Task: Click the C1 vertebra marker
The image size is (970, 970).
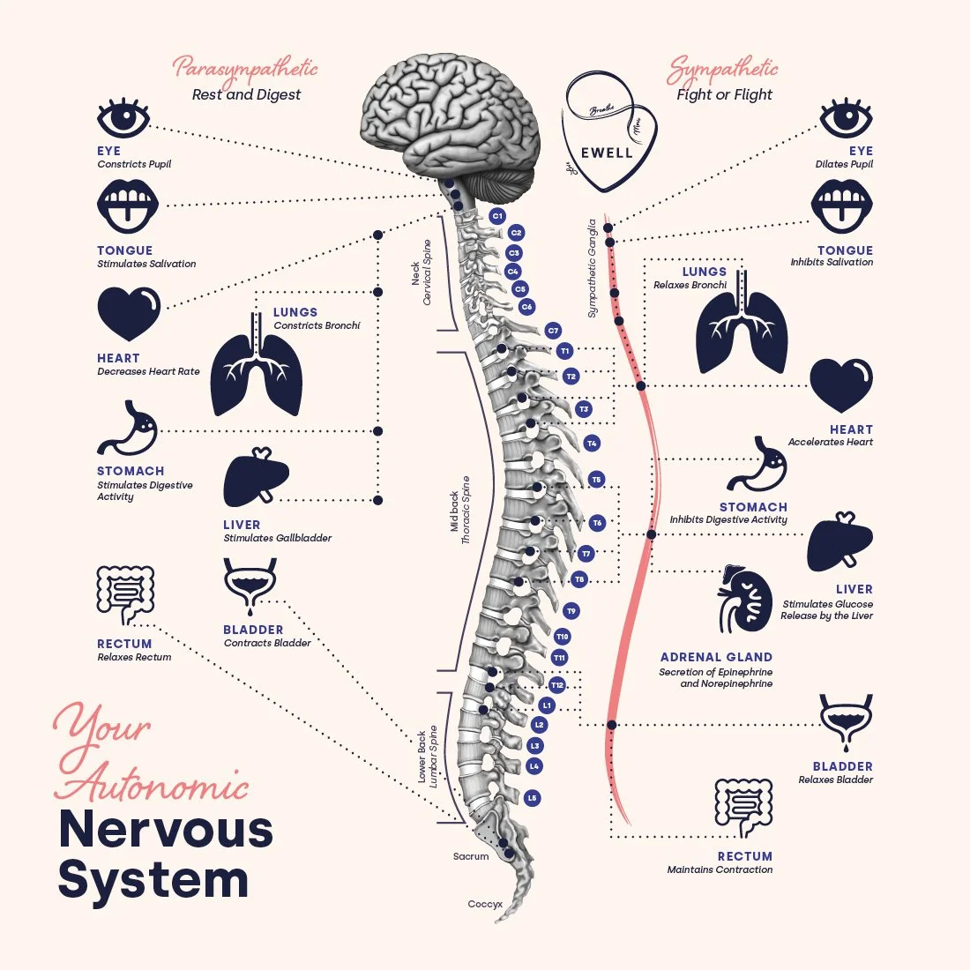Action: (497, 216)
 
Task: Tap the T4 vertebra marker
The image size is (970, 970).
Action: (592, 444)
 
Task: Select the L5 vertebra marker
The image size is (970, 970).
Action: (532, 798)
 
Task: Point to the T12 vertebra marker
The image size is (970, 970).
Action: (556, 685)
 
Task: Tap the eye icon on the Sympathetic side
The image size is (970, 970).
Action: (846, 118)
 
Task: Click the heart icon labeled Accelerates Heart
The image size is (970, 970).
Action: (841, 385)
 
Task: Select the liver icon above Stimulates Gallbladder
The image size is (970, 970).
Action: (256, 480)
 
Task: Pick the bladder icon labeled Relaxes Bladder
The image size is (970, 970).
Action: (847, 723)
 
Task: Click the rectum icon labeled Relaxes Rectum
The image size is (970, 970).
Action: (125, 596)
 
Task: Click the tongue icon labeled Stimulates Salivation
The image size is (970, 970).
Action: (127, 207)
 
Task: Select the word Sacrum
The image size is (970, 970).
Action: (471, 856)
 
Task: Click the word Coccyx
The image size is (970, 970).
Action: (485, 904)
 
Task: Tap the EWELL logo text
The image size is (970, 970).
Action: (607, 152)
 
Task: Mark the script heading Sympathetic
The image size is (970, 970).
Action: (723, 69)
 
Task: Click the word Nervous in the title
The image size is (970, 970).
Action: (166, 829)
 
